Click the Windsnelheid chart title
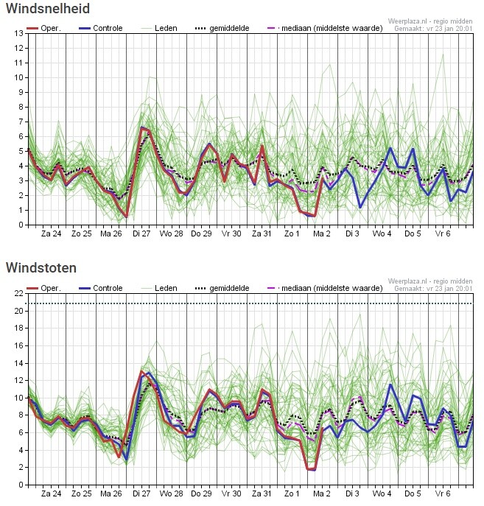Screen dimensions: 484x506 48,8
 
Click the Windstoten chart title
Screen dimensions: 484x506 41,268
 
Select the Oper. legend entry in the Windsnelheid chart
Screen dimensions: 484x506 43,29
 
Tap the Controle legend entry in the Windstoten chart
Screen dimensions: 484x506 101,288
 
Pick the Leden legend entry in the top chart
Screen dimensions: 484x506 159,29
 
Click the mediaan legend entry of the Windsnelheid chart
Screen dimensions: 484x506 325,29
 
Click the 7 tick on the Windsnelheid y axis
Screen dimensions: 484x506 21,122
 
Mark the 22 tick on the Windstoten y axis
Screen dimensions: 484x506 18,293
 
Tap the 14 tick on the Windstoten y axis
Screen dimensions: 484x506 18,363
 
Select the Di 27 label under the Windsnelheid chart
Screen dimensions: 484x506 141,233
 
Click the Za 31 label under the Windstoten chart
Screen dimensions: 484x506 262,493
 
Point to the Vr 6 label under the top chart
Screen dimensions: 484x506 443,233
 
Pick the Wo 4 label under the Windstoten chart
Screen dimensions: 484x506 382,493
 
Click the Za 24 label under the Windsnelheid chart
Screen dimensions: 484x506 51,233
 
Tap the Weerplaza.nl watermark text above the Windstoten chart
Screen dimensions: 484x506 430,281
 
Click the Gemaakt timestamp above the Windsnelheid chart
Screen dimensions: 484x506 433,29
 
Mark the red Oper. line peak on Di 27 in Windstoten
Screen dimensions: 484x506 141,371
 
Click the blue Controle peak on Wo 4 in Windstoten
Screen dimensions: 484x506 390,384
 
